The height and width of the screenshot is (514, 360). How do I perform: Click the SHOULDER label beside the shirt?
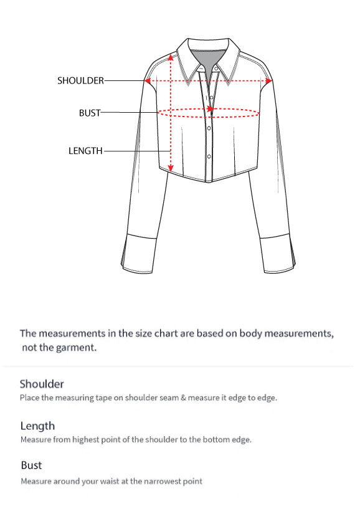[81, 80]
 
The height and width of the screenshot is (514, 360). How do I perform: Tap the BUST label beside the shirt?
[90, 113]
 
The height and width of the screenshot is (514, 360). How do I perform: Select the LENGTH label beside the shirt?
[85, 151]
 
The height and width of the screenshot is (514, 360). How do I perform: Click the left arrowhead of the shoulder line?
[148, 80]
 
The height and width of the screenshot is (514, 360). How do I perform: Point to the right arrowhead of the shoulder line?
[268, 80]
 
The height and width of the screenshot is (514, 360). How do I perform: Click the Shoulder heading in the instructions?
[42, 384]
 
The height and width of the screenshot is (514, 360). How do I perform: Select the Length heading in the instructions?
[37, 426]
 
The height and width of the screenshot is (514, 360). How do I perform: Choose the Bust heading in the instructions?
[31, 465]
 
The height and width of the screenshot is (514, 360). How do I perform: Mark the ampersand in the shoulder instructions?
[183, 397]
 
